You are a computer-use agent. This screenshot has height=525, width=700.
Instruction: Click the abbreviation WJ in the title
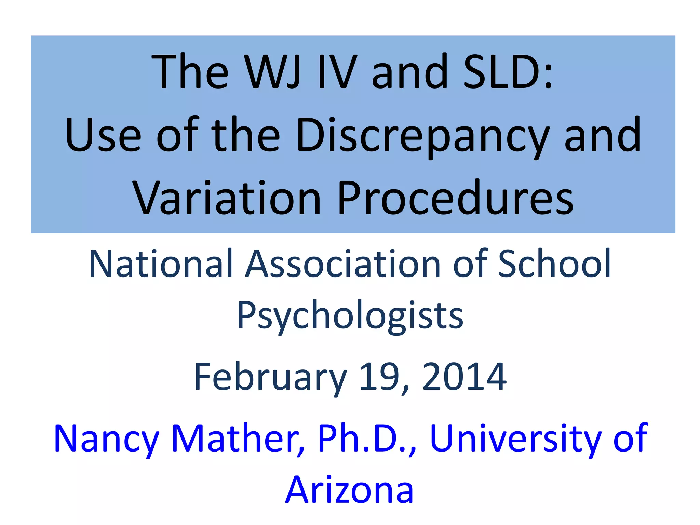click(x=274, y=72)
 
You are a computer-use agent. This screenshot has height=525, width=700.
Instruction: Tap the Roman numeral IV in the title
click(x=337, y=72)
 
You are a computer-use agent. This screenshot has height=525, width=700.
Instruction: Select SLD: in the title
click(x=507, y=72)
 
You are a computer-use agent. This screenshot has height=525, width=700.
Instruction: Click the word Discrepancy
click(x=423, y=135)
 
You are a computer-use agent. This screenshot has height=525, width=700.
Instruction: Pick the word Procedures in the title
click(x=455, y=198)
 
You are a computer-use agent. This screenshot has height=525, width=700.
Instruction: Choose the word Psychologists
click(x=350, y=316)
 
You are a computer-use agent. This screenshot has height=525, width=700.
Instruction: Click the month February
click(x=270, y=377)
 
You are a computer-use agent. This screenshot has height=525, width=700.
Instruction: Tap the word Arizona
click(x=349, y=490)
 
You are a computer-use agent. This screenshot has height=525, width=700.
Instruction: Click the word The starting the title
click(x=190, y=72)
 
